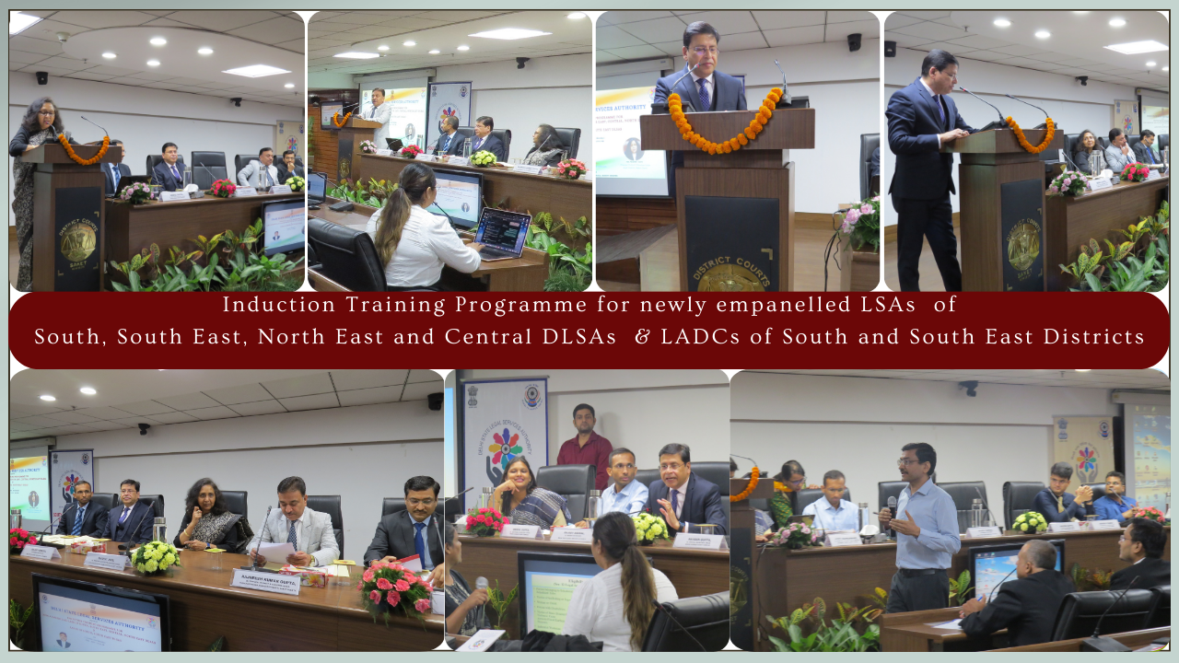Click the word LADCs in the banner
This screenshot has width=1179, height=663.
click(x=699, y=337)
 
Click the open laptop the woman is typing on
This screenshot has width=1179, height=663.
click(x=500, y=233)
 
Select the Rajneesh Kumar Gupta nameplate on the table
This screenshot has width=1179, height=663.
click(x=264, y=580)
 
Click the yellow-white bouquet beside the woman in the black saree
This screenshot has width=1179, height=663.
click(x=155, y=557)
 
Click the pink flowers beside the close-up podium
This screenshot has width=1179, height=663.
click(x=858, y=221)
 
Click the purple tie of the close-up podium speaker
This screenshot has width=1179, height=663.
click(x=704, y=93)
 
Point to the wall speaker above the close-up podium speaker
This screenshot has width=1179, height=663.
click(x=854, y=41)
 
